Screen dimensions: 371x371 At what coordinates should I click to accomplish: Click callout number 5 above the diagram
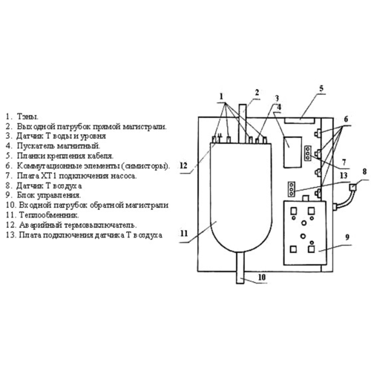(x=321, y=88)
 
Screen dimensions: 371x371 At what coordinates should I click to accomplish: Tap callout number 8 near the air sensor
(x=364, y=171)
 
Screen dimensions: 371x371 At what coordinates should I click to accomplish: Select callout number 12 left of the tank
(x=183, y=165)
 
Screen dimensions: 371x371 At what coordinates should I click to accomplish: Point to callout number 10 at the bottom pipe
(x=261, y=278)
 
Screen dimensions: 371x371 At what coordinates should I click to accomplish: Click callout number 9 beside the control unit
(x=347, y=237)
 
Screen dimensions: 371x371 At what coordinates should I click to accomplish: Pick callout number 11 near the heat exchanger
(x=184, y=234)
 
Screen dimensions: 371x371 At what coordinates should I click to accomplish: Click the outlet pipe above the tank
(x=243, y=123)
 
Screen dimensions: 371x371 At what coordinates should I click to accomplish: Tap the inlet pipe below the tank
(x=240, y=268)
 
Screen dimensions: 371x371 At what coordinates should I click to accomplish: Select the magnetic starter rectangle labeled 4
(x=292, y=152)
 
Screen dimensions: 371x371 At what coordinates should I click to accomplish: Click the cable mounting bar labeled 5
(x=299, y=121)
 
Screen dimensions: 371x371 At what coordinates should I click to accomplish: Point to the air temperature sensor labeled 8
(x=352, y=187)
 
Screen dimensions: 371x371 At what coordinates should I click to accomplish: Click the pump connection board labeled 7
(x=308, y=154)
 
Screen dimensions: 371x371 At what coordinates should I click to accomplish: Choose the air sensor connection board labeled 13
(x=292, y=189)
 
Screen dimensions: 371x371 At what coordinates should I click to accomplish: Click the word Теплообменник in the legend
(x=49, y=215)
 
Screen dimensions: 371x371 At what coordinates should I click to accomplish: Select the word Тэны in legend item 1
(x=27, y=116)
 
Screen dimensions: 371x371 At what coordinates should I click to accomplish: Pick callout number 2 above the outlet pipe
(x=257, y=93)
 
